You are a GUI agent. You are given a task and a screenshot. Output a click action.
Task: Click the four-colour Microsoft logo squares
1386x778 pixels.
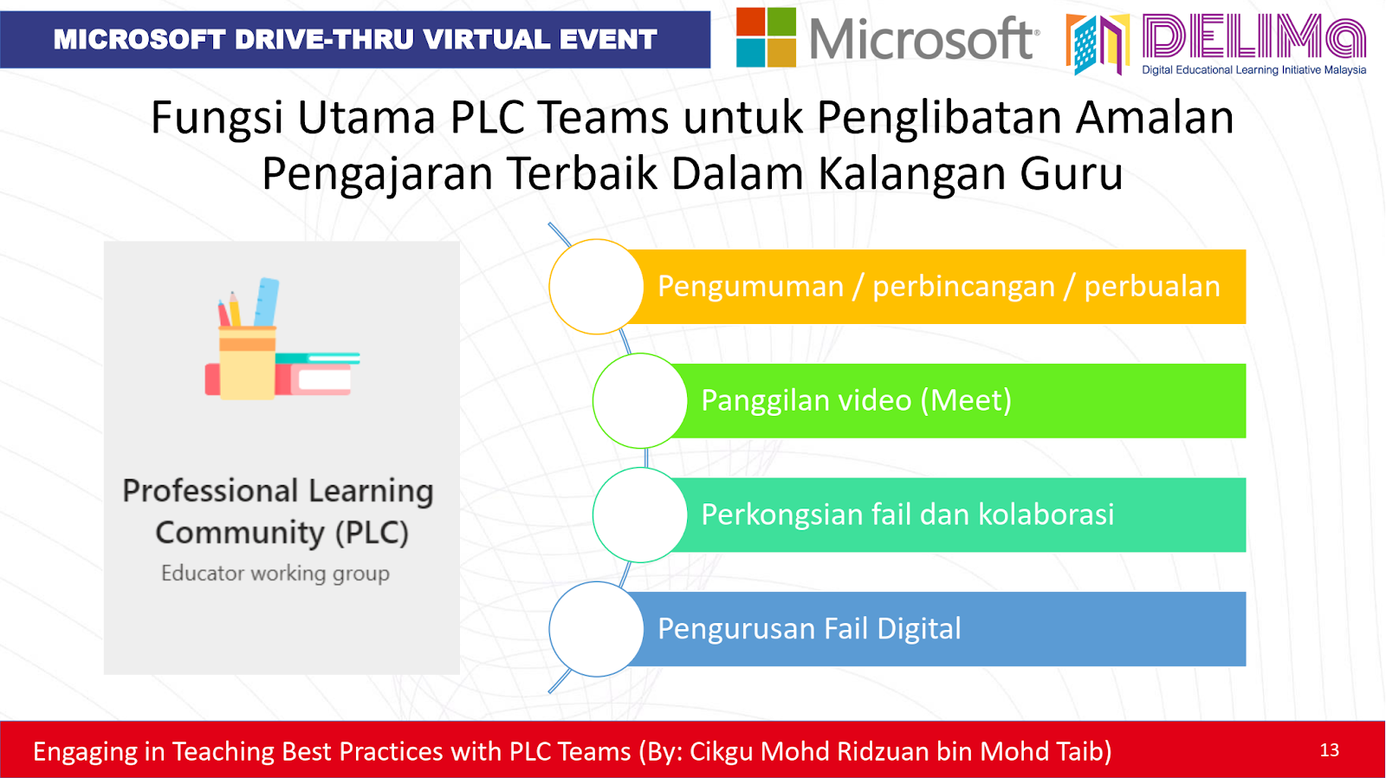point(766,37)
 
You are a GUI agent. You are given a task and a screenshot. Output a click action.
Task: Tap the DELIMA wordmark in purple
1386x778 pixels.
point(1253,37)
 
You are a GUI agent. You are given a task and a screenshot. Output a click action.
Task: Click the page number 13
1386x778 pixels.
point(1329,750)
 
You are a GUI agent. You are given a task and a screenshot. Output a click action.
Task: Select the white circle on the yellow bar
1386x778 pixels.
point(597,287)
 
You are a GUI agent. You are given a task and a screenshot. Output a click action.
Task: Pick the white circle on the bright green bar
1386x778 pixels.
point(640,400)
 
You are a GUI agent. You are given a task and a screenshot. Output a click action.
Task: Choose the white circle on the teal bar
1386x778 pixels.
point(640,515)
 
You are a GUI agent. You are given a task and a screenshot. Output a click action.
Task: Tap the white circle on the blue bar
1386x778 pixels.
point(597,629)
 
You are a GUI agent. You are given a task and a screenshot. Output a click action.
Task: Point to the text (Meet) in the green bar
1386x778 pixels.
point(966,400)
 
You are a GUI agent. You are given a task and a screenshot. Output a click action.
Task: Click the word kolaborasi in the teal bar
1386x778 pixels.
point(1046,515)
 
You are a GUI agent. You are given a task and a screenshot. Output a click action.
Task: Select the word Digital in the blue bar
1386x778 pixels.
point(919,629)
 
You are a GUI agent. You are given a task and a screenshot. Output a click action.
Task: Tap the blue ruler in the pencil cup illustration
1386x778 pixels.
point(267,302)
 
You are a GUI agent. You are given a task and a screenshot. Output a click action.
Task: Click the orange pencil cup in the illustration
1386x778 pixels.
point(247,362)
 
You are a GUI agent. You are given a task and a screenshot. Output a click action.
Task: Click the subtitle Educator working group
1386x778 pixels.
point(275,574)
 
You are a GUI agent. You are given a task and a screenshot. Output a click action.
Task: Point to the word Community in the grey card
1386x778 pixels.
point(239,532)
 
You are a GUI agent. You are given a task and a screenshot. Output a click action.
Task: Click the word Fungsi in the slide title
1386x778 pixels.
point(217,119)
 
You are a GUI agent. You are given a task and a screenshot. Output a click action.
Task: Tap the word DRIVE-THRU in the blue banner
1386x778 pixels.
point(324,40)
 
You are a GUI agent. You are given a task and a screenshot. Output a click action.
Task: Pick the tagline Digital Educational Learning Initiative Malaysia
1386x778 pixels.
point(1253,70)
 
